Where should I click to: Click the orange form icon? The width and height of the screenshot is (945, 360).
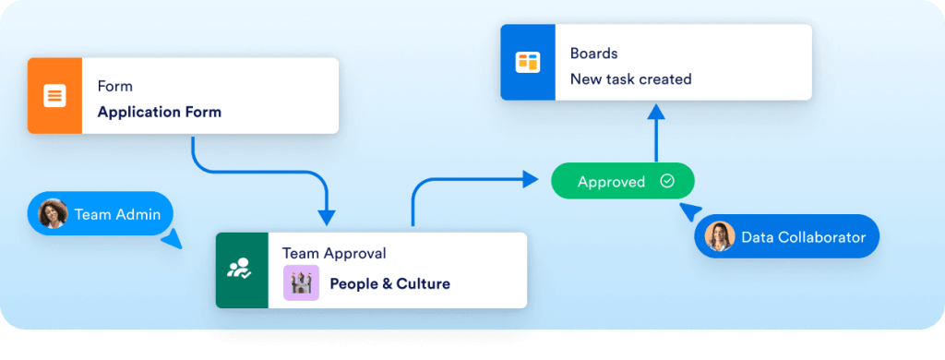(54, 96)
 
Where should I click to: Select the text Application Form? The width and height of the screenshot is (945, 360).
(159, 113)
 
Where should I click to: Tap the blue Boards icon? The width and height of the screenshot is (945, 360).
(527, 62)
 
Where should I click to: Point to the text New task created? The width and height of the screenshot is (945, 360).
(630, 79)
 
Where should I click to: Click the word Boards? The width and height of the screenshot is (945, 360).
(593, 54)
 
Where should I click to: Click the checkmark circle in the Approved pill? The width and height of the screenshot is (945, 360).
(666, 182)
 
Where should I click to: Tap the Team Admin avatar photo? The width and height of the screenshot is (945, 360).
(54, 214)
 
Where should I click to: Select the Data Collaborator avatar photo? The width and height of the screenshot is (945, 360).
(719, 237)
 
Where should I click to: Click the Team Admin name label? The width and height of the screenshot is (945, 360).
(117, 215)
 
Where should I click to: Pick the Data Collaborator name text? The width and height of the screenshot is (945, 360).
(803, 237)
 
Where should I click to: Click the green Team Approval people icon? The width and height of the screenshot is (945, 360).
(240, 270)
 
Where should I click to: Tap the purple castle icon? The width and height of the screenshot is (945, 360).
(301, 283)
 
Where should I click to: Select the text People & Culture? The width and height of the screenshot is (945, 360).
(389, 283)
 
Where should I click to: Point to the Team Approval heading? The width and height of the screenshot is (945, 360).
(334, 253)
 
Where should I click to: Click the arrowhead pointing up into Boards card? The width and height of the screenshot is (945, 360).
(655, 113)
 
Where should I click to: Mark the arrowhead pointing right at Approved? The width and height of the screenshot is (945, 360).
(530, 179)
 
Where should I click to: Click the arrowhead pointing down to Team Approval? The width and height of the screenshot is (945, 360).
(327, 217)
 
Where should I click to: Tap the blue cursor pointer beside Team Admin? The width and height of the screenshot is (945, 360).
(171, 241)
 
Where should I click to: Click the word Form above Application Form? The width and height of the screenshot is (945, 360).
(115, 86)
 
